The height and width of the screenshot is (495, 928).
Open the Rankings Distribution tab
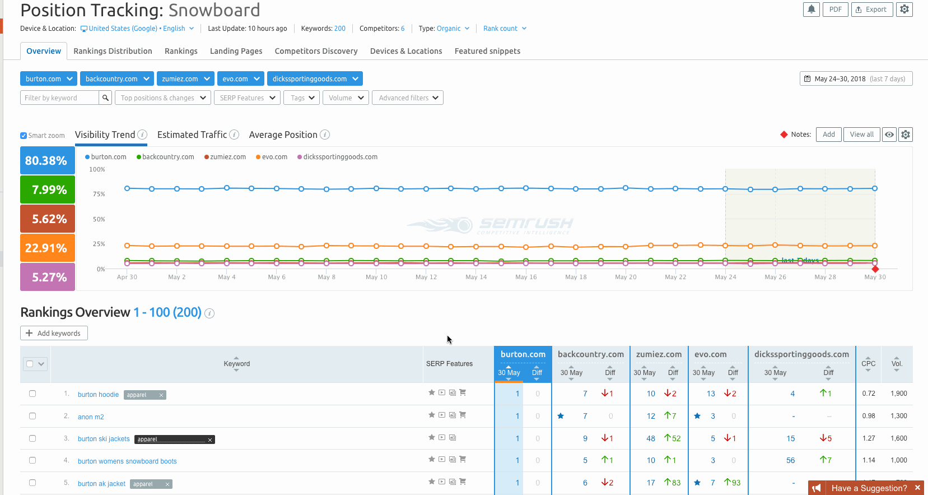pyautogui.click(x=113, y=51)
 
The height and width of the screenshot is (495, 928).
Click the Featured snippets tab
pyautogui.click(x=487, y=51)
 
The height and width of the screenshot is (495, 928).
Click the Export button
pyautogui.click(x=871, y=10)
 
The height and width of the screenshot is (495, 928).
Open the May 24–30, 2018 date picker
pyautogui.click(x=856, y=79)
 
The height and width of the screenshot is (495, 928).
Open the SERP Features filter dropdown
pyautogui.click(x=247, y=98)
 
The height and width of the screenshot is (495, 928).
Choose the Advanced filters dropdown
pyautogui.click(x=408, y=98)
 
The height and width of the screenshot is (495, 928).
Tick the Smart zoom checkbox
pyautogui.click(x=24, y=136)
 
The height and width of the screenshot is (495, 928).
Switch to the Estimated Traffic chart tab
pyautogui.click(x=192, y=135)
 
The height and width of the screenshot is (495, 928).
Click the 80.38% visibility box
pyautogui.click(x=47, y=161)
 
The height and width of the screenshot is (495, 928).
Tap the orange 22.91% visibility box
pyautogui.click(x=47, y=248)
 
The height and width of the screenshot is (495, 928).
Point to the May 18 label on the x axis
pyautogui.click(x=576, y=277)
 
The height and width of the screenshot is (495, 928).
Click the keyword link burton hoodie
pyautogui.click(x=98, y=395)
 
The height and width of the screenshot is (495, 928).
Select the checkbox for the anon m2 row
pyautogui.click(x=32, y=416)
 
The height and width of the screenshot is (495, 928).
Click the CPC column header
pyautogui.click(x=868, y=364)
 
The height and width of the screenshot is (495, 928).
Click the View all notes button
pyautogui.click(x=861, y=135)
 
